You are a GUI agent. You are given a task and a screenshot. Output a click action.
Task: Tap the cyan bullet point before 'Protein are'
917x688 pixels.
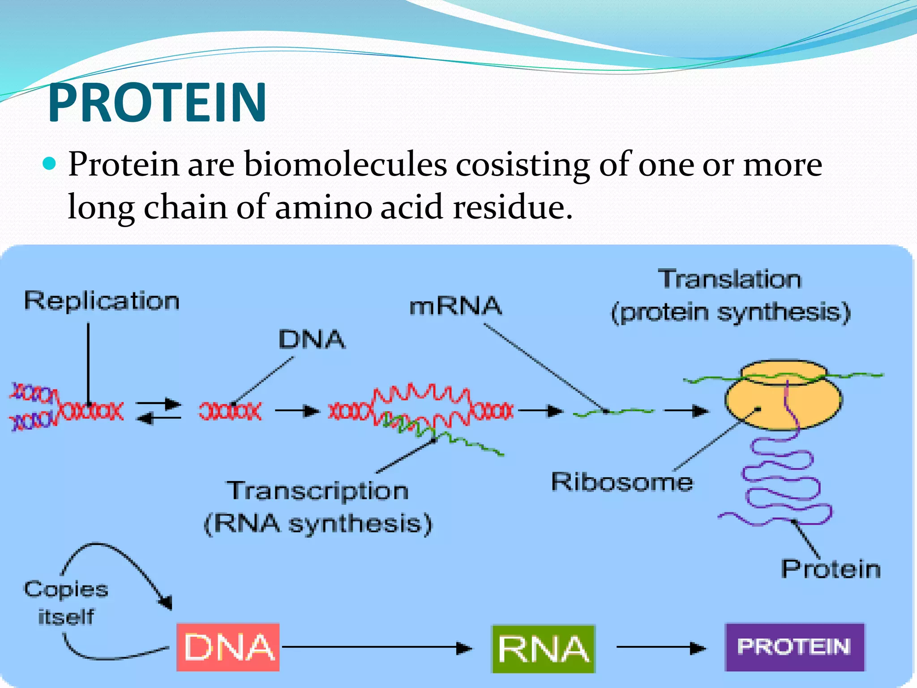(x=50, y=164)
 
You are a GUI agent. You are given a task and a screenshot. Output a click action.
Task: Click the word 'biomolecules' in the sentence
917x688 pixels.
(x=345, y=165)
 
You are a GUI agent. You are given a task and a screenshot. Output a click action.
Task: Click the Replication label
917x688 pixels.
(x=102, y=301)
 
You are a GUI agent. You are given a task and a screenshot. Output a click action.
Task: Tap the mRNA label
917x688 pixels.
(x=455, y=306)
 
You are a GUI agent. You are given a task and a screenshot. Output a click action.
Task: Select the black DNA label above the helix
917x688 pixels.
(x=312, y=339)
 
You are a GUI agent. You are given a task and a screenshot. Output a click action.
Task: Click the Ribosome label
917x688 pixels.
(x=622, y=482)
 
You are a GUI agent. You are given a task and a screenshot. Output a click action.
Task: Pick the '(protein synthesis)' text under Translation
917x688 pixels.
(x=731, y=312)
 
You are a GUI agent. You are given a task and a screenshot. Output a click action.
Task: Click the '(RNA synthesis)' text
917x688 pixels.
(x=318, y=523)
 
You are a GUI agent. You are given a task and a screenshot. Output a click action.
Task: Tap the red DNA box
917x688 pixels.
(x=228, y=647)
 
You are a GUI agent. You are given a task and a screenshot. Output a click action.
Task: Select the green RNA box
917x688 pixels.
(x=543, y=649)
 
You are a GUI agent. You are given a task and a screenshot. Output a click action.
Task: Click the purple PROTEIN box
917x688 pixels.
(x=794, y=647)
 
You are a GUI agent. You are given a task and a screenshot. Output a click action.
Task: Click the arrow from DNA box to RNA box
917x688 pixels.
(x=376, y=647)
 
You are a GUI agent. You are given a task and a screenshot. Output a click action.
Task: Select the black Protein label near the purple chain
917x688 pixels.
(x=831, y=569)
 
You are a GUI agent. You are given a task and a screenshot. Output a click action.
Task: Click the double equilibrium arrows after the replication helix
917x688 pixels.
(x=159, y=411)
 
